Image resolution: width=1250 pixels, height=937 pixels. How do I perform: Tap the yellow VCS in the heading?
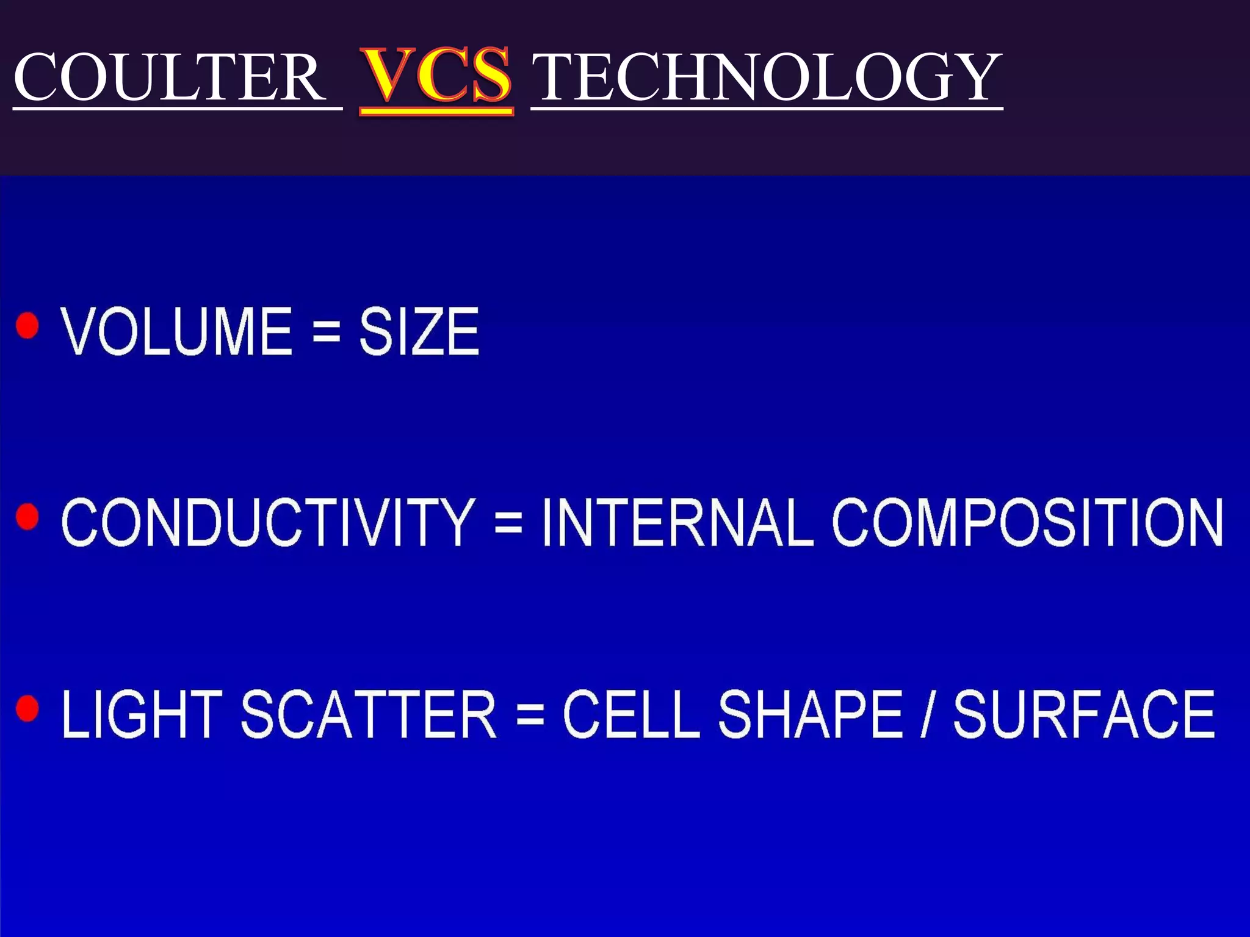pyautogui.click(x=436, y=76)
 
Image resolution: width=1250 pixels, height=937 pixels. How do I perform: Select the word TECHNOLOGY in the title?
pyautogui.click(x=767, y=77)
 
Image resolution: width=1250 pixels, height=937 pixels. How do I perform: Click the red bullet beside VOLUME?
pyautogui.click(x=27, y=325)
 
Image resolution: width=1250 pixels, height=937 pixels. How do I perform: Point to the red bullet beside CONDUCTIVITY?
pyautogui.click(x=27, y=517)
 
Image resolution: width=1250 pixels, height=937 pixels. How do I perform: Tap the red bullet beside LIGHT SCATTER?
pyautogui.click(x=27, y=708)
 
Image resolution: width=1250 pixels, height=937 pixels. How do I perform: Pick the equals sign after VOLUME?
pyautogui.click(x=326, y=332)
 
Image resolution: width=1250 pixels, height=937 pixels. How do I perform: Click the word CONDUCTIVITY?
pyautogui.click(x=268, y=522)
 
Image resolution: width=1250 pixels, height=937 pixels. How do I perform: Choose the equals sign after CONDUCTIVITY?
pyautogui.click(x=508, y=523)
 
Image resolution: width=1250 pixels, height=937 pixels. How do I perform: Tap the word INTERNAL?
pyautogui.click(x=677, y=522)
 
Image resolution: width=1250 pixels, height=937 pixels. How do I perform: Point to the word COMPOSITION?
pyautogui.click(x=1028, y=522)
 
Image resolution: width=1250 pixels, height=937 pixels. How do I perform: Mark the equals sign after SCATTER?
pyautogui.click(x=530, y=715)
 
